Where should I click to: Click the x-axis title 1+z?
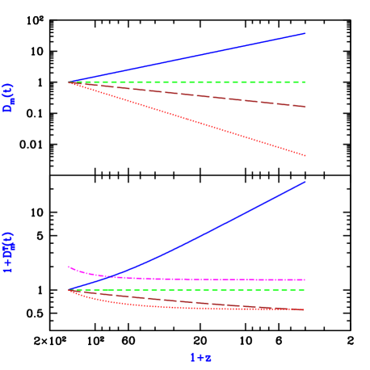click(200, 357)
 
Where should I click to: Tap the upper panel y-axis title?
click(8, 97)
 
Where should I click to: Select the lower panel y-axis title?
click(8, 252)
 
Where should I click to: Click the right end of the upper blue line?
click(305, 34)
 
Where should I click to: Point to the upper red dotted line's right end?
click(305, 155)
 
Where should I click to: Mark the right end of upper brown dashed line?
click(305, 107)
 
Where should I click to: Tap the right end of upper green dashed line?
click(305, 82)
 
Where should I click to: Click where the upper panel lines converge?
click(69, 82)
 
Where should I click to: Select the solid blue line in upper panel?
click(186, 58)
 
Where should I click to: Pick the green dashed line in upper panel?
click(186, 82)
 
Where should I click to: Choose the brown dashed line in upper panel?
click(186, 95)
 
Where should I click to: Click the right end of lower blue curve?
click(305, 182)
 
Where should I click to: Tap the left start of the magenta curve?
click(69, 267)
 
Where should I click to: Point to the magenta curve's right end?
click(304, 280)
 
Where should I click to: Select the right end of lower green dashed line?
click(304, 289)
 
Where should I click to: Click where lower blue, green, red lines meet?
click(69, 289)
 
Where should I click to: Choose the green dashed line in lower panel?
click(186, 289)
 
